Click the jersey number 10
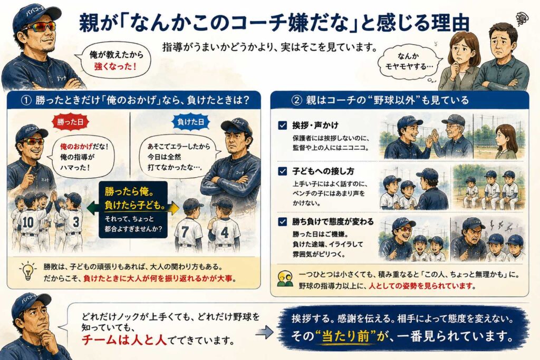(x=28, y=222)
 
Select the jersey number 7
(x=185, y=232)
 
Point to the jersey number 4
(x=225, y=232)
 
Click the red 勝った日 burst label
(x=70, y=122)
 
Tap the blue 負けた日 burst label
(x=190, y=122)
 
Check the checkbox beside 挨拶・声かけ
(x=283, y=125)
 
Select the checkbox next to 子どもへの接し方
(x=283, y=171)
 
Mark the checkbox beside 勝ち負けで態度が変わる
(x=283, y=222)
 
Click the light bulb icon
(x=28, y=270)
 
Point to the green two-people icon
(x=285, y=279)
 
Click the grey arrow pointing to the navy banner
(x=265, y=332)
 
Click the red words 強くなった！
(x=115, y=66)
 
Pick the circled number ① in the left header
(x=26, y=101)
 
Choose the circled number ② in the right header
(x=297, y=100)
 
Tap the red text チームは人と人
(x=124, y=340)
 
